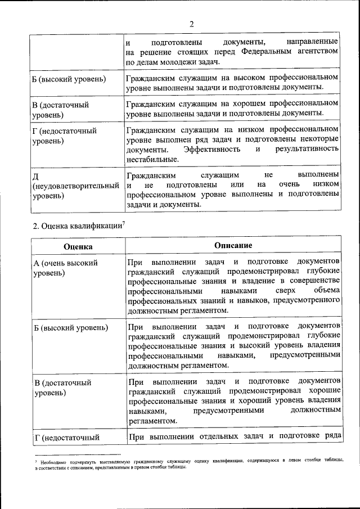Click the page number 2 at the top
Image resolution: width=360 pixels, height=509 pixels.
[191, 24]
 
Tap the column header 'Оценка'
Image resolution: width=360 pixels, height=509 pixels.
[78, 246]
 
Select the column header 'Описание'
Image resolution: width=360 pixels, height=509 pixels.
[233, 246]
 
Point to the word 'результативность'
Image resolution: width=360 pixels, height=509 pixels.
[307, 149]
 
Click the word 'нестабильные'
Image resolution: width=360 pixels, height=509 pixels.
[152, 159]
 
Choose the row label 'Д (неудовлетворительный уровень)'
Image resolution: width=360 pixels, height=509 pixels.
[76, 185]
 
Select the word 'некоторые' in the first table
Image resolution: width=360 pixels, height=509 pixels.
[317, 139]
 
